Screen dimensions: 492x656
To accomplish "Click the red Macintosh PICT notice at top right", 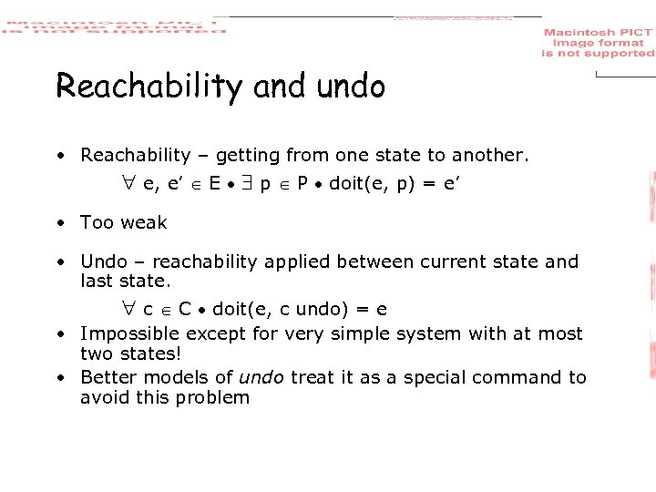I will click(x=598, y=44).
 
